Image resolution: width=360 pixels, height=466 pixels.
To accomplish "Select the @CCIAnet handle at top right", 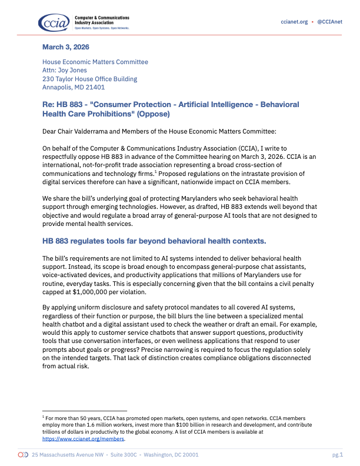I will coord(329,21).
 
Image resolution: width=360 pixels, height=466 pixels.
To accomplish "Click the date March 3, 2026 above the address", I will coord(66,47).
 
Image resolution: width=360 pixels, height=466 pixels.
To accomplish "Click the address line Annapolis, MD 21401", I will coord(73,87).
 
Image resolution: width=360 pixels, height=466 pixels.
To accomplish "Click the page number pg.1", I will coord(336,455).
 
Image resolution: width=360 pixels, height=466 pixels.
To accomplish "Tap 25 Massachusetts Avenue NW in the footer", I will coord(67,455).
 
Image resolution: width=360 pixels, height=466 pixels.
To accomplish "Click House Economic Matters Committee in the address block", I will coord(95,62).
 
